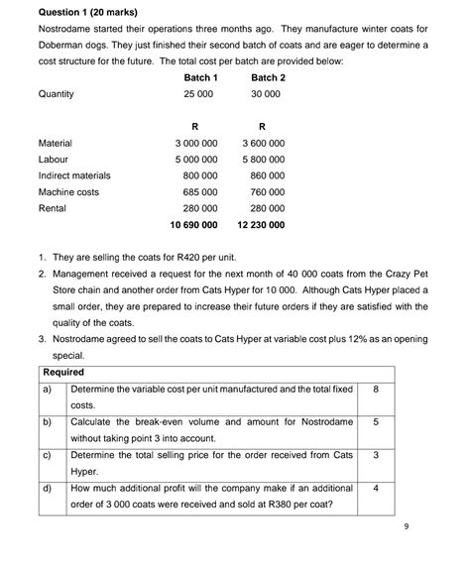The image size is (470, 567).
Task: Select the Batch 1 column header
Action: point(201,77)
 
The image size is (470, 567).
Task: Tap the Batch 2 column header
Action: point(269,77)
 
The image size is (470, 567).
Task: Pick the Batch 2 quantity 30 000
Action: point(266,94)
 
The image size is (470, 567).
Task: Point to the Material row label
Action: point(56,143)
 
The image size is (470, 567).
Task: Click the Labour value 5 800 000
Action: point(263,159)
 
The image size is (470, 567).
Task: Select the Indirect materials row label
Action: point(74,175)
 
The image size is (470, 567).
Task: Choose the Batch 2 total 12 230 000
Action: point(261,225)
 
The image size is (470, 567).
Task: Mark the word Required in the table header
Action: point(63,372)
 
